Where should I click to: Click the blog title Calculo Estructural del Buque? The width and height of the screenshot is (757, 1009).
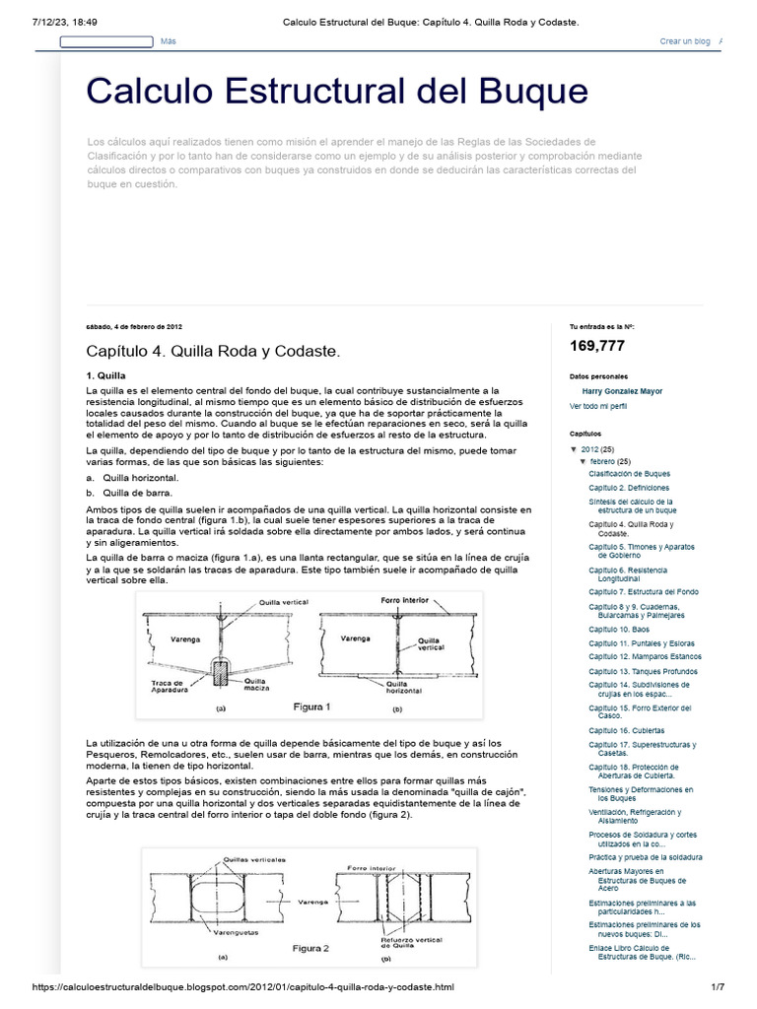pyautogui.click(x=337, y=91)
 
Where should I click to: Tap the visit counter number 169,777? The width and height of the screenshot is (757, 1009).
pyautogui.click(x=596, y=346)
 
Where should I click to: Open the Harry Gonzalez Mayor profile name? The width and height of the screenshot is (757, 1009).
pyautogui.click(x=622, y=391)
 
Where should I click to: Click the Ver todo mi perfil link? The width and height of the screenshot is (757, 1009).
pyautogui.click(x=598, y=406)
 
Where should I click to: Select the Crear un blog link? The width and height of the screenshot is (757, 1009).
pyautogui.click(x=684, y=41)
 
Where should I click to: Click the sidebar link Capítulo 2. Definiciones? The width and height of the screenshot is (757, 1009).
pyautogui.click(x=629, y=488)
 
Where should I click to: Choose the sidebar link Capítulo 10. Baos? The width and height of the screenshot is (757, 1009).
pyautogui.click(x=620, y=629)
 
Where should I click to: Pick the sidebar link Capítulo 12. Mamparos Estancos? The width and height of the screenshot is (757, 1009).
pyautogui.click(x=645, y=656)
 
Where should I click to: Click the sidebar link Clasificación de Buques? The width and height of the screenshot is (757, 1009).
pyautogui.click(x=629, y=474)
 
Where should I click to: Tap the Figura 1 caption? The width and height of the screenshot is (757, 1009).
pyautogui.click(x=312, y=706)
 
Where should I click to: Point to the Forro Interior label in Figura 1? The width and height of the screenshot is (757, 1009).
pyautogui.click(x=405, y=599)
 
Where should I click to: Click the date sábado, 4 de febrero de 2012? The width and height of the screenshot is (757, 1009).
pyautogui.click(x=134, y=326)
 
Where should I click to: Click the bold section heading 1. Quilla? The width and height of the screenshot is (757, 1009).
pyautogui.click(x=105, y=375)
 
